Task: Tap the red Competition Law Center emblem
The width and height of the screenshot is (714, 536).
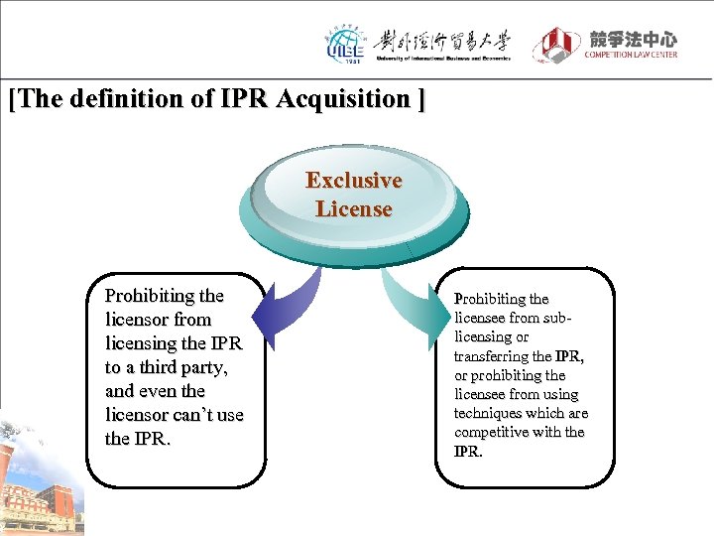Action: pyautogui.click(x=556, y=45)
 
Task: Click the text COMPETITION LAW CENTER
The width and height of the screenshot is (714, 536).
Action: pyautogui.click(x=631, y=55)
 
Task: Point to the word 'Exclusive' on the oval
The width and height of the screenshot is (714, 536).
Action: pyautogui.click(x=354, y=181)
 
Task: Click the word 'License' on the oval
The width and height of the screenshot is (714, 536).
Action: pyautogui.click(x=354, y=209)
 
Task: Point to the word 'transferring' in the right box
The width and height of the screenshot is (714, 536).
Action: pyautogui.click(x=490, y=356)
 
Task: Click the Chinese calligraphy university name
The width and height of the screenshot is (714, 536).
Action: pyautogui.click(x=443, y=41)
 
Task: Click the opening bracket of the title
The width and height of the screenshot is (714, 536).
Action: pyautogui.click(x=12, y=99)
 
